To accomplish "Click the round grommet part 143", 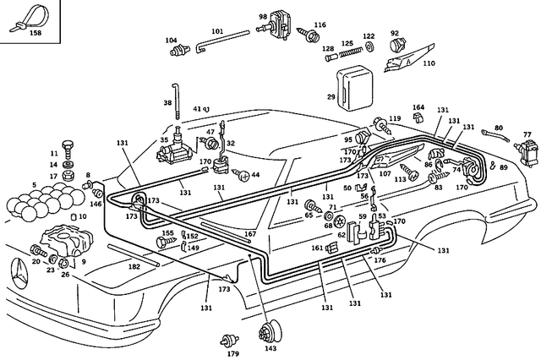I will [x=270, y=330].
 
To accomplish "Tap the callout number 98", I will [x=262, y=16].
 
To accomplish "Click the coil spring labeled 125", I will [x=347, y=55].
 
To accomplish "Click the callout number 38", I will [x=167, y=102].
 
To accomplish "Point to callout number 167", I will [x=249, y=233].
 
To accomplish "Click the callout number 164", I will [x=418, y=107].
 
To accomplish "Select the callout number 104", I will [x=172, y=40].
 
